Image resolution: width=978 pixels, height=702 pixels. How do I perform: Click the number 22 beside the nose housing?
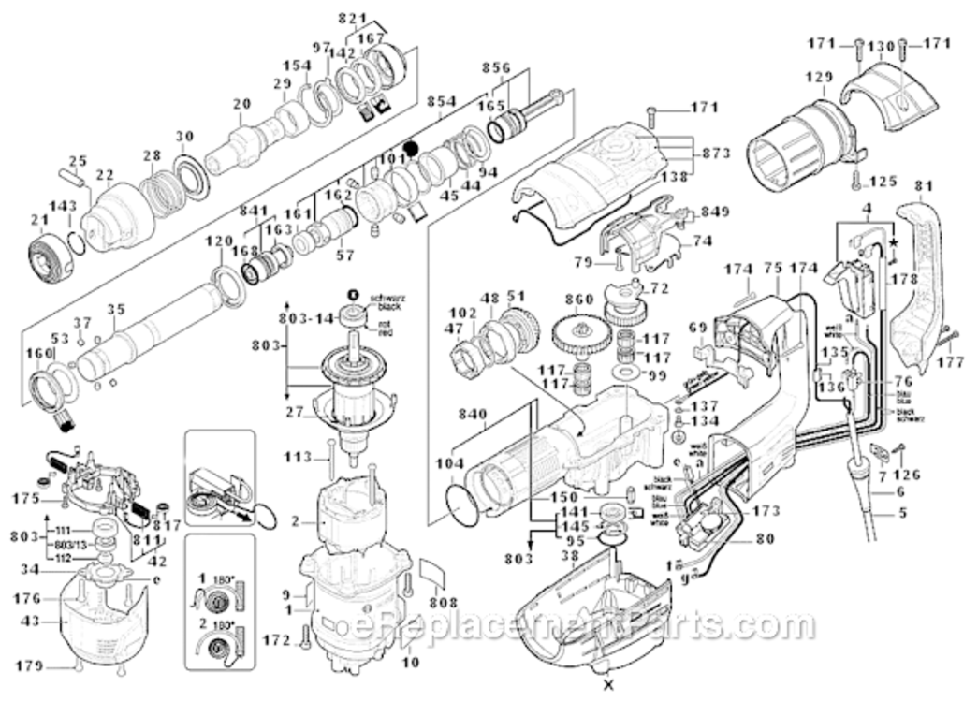tap(105, 175)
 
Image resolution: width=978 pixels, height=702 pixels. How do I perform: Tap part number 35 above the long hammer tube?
tap(116, 309)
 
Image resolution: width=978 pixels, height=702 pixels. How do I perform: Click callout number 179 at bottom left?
tap(28, 666)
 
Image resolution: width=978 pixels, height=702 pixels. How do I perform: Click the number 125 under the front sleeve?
tap(883, 181)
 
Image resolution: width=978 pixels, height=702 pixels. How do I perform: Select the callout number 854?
tap(440, 100)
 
